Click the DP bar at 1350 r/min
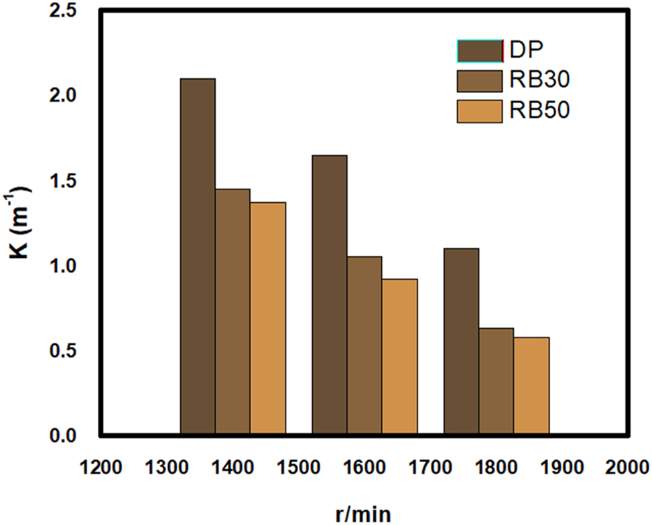click(198, 257)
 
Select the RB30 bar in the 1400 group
click(233, 312)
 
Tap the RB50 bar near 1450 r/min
click(268, 319)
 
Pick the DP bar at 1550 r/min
click(329, 295)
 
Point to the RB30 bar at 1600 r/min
click(365, 346)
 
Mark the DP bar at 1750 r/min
click(461, 342)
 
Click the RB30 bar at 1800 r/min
click(496, 381)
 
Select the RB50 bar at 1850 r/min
click(531, 386)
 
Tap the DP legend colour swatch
click(479, 50)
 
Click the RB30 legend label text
click(540, 80)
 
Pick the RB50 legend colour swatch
click(479, 111)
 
